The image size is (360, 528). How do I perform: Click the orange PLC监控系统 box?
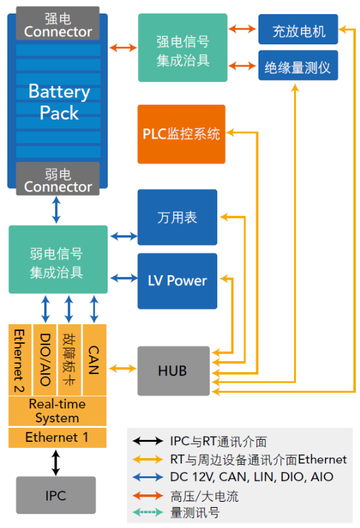coord(181,134)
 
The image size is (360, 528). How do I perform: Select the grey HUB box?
coord(174,371)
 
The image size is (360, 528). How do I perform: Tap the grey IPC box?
coord(56,495)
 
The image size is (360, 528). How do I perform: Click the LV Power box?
coord(177,281)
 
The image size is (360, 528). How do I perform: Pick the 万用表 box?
coord(177,217)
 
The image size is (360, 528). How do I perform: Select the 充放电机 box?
coord(298,30)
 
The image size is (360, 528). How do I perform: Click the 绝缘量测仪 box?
coord(298,65)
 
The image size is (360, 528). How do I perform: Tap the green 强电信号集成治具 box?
coord(182,48)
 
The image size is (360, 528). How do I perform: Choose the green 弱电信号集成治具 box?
coord(58,259)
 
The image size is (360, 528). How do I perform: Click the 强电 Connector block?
coord(58,24)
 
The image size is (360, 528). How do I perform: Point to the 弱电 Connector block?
coord(58,179)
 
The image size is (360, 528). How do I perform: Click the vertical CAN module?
coord(94,360)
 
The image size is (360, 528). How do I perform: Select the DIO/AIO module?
coord(45,360)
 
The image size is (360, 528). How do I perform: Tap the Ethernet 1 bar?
coord(57,437)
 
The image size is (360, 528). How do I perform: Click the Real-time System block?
coord(57,411)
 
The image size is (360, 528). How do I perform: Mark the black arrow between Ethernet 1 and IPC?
coord(56,463)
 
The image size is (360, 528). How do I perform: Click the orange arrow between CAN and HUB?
coord(122,369)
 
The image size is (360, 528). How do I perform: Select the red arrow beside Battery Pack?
coord(123,48)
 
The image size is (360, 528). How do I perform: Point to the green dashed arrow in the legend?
coord(147,513)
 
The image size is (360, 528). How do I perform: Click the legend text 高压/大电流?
coord(205,496)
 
